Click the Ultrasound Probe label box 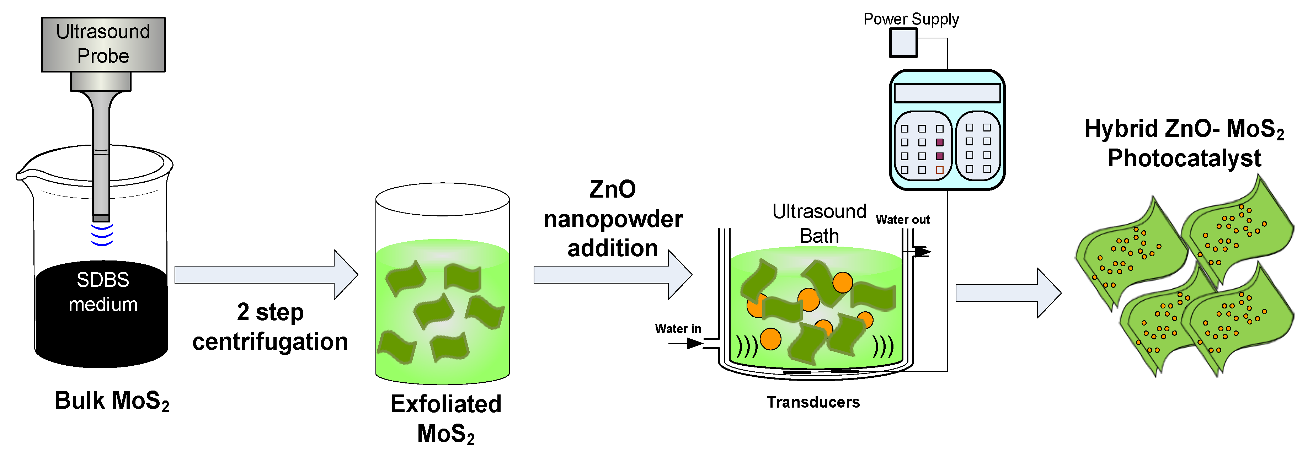click(x=103, y=44)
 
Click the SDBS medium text click(x=103, y=292)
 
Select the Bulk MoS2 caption click(x=112, y=400)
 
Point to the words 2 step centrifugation click(x=270, y=327)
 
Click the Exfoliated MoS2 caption click(x=445, y=418)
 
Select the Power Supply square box click(x=903, y=43)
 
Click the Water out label click(x=902, y=220)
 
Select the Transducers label click(x=813, y=402)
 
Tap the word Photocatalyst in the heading click(x=1184, y=158)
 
